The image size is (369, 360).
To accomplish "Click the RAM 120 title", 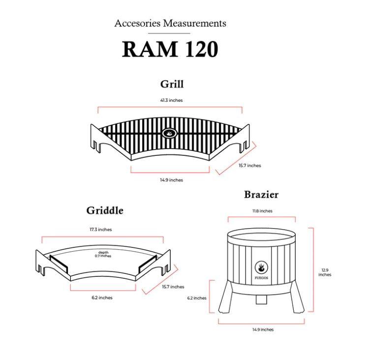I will click(x=170, y=49).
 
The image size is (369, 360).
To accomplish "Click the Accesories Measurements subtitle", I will click(x=170, y=23).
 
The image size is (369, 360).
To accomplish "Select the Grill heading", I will click(x=172, y=84).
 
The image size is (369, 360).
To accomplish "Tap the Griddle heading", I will click(x=105, y=210).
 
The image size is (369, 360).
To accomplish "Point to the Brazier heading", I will click(x=261, y=195).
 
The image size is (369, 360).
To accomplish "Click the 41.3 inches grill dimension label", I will click(x=171, y=100).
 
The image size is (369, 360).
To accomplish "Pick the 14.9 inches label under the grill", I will click(x=171, y=180).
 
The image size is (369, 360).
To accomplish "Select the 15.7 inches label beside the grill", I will click(x=250, y=166).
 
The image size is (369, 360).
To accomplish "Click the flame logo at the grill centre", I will click(x=168, y=132).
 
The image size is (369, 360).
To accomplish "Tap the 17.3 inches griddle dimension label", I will click(x=100, y=230).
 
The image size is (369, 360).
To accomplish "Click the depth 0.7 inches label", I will click(x=103, y=254).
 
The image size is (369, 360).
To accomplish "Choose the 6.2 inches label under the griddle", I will click(x=102, y=298).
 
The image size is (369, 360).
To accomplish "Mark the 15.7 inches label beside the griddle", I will click(x=173, y=287).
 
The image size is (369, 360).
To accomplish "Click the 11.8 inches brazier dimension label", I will click(x=262, y=211).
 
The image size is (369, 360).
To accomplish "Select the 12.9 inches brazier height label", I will click(x=325, y=272).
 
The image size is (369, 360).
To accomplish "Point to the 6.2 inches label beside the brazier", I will click(x=196, y=298).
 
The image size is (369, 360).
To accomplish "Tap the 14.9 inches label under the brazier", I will click(x=263, y=330).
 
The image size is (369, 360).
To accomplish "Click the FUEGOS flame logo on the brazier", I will click(x=261, y=269).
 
